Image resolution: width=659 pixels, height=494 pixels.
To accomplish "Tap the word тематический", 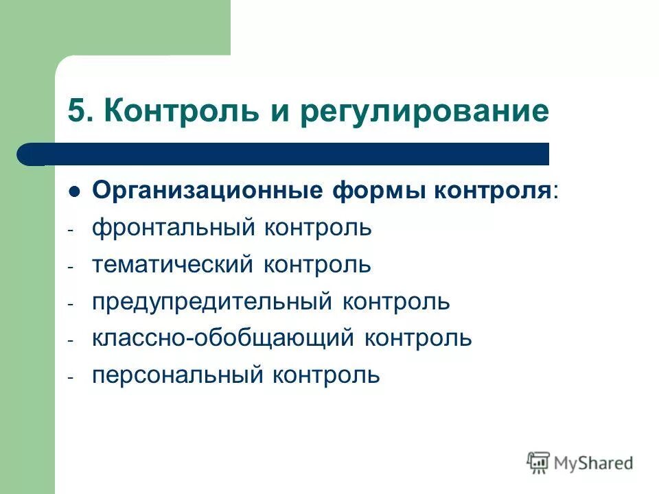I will [x=172, y=265].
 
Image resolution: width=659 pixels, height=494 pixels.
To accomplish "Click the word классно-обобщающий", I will [x=223, y=338].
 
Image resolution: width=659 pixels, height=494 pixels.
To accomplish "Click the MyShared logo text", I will [x=594, y=463].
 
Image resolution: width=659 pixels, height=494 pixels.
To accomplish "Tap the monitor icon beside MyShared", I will [x=539, y=462].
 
